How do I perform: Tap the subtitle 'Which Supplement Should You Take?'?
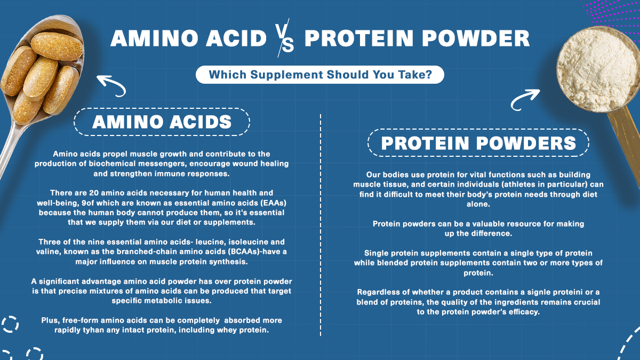pyautogui.click(x=320, y=75)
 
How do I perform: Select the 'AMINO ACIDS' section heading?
pyautogui.click(x=162, y=122)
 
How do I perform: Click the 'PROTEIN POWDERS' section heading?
pyautogui.click(x=478, y=143)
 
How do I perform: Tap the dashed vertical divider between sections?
pyautogui.click(x=320, y=224)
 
